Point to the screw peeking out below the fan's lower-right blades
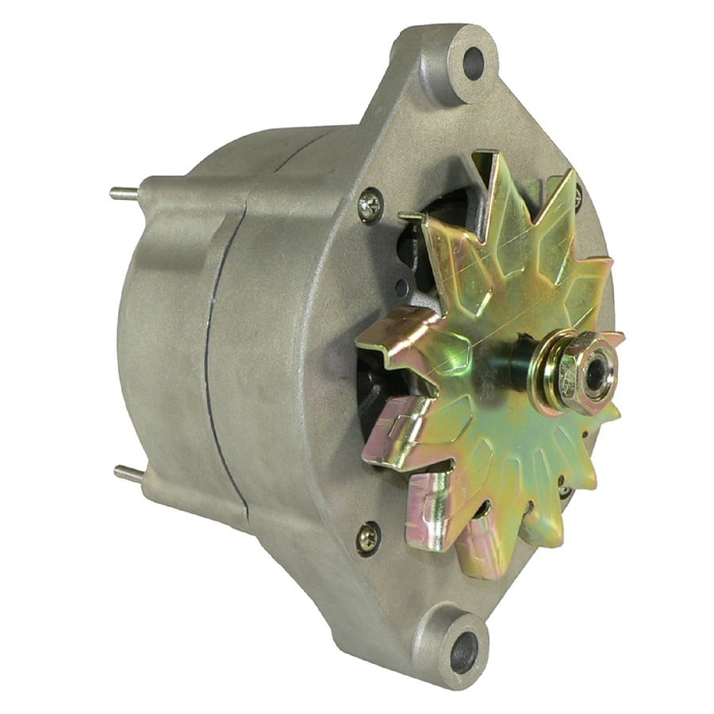pos(564,491)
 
